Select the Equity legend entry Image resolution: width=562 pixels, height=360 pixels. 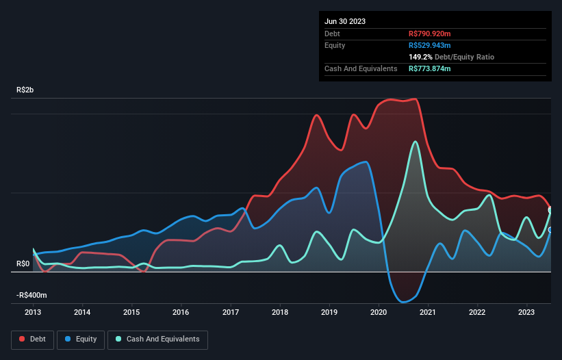(x=81, y=339)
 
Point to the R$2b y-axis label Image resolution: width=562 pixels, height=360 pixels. (x=27, y=90)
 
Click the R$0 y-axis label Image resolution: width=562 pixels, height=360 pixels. (x=23, y=264)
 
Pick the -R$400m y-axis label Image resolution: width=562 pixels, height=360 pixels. (x=31, y=295)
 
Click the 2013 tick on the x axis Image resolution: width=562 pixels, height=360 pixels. (x=33, y=311)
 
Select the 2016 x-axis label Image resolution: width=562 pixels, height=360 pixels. (x=181, y=311)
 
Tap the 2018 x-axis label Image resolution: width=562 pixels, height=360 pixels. (x=279, y=311)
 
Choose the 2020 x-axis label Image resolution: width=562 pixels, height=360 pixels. (x=379, y=311)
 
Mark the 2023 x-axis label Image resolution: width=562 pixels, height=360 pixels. (x=526, y=311)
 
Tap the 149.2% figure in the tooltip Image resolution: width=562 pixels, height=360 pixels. (x=420, y=57)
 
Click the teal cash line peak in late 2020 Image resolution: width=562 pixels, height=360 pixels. (x=415, y=142)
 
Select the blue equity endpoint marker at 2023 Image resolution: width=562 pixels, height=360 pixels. (x=550, y=230)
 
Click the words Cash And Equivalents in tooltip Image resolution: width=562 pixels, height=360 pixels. (x=361, y=68)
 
